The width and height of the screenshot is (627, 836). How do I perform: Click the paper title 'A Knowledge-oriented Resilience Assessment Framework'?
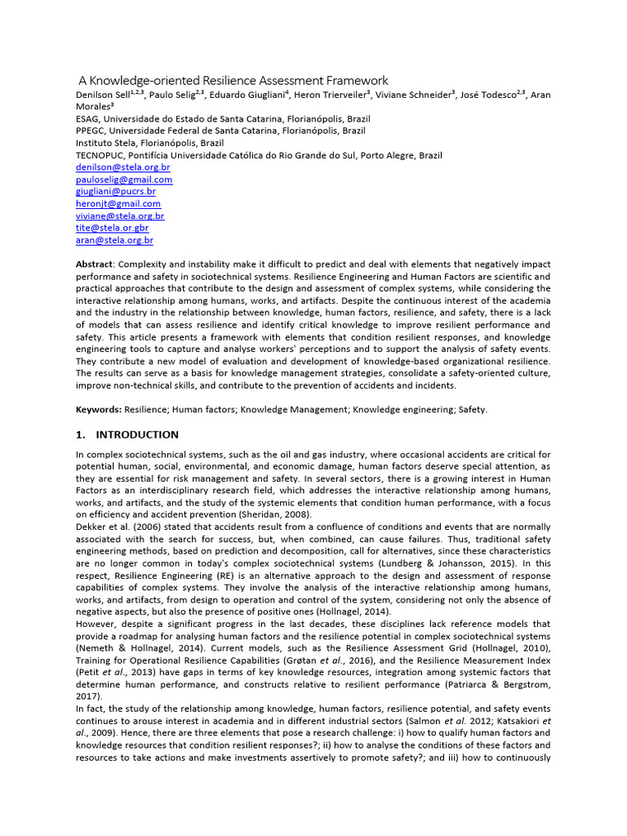coord(233,80)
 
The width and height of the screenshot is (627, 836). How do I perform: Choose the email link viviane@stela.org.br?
coord(120,216)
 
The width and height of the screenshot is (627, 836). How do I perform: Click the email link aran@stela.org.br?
coord(114,241)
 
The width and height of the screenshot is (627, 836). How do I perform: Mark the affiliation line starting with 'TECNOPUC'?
coord(259,155)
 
